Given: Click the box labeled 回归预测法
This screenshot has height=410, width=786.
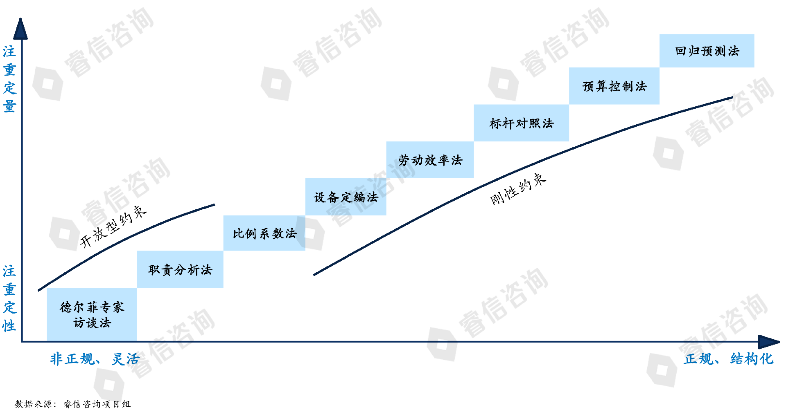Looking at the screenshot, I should tap(707, 51).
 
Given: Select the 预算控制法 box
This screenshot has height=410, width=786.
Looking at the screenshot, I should tap(614, 86).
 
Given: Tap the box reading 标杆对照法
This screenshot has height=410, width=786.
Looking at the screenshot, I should tap(521, 123).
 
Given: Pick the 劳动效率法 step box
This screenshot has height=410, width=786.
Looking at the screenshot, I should tap(430, 160).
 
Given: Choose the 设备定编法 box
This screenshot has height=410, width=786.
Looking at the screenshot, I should tap(346, 197).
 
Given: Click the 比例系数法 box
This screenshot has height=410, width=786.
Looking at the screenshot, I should tap(264, 233).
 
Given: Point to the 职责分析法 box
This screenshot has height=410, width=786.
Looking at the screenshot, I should tap(180, 270).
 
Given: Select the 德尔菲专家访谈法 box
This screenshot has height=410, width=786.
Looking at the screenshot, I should tap(92, 314).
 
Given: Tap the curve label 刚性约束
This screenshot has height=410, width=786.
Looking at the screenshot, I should tap(518, 189).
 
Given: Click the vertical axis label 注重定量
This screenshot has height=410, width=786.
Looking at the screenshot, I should tap(9, 79).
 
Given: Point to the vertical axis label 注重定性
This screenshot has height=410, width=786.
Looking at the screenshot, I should tap(9, 298).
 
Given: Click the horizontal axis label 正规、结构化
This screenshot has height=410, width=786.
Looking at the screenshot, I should tap(728, 359).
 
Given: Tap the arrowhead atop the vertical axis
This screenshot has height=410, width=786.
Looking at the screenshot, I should tap(20, 29).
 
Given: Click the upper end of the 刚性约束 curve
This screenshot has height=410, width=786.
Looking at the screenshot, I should tap(732, 98).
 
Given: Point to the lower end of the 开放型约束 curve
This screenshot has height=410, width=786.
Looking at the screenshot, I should tap(39, 290).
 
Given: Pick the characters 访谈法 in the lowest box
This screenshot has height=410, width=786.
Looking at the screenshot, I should tap(92, 323).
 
